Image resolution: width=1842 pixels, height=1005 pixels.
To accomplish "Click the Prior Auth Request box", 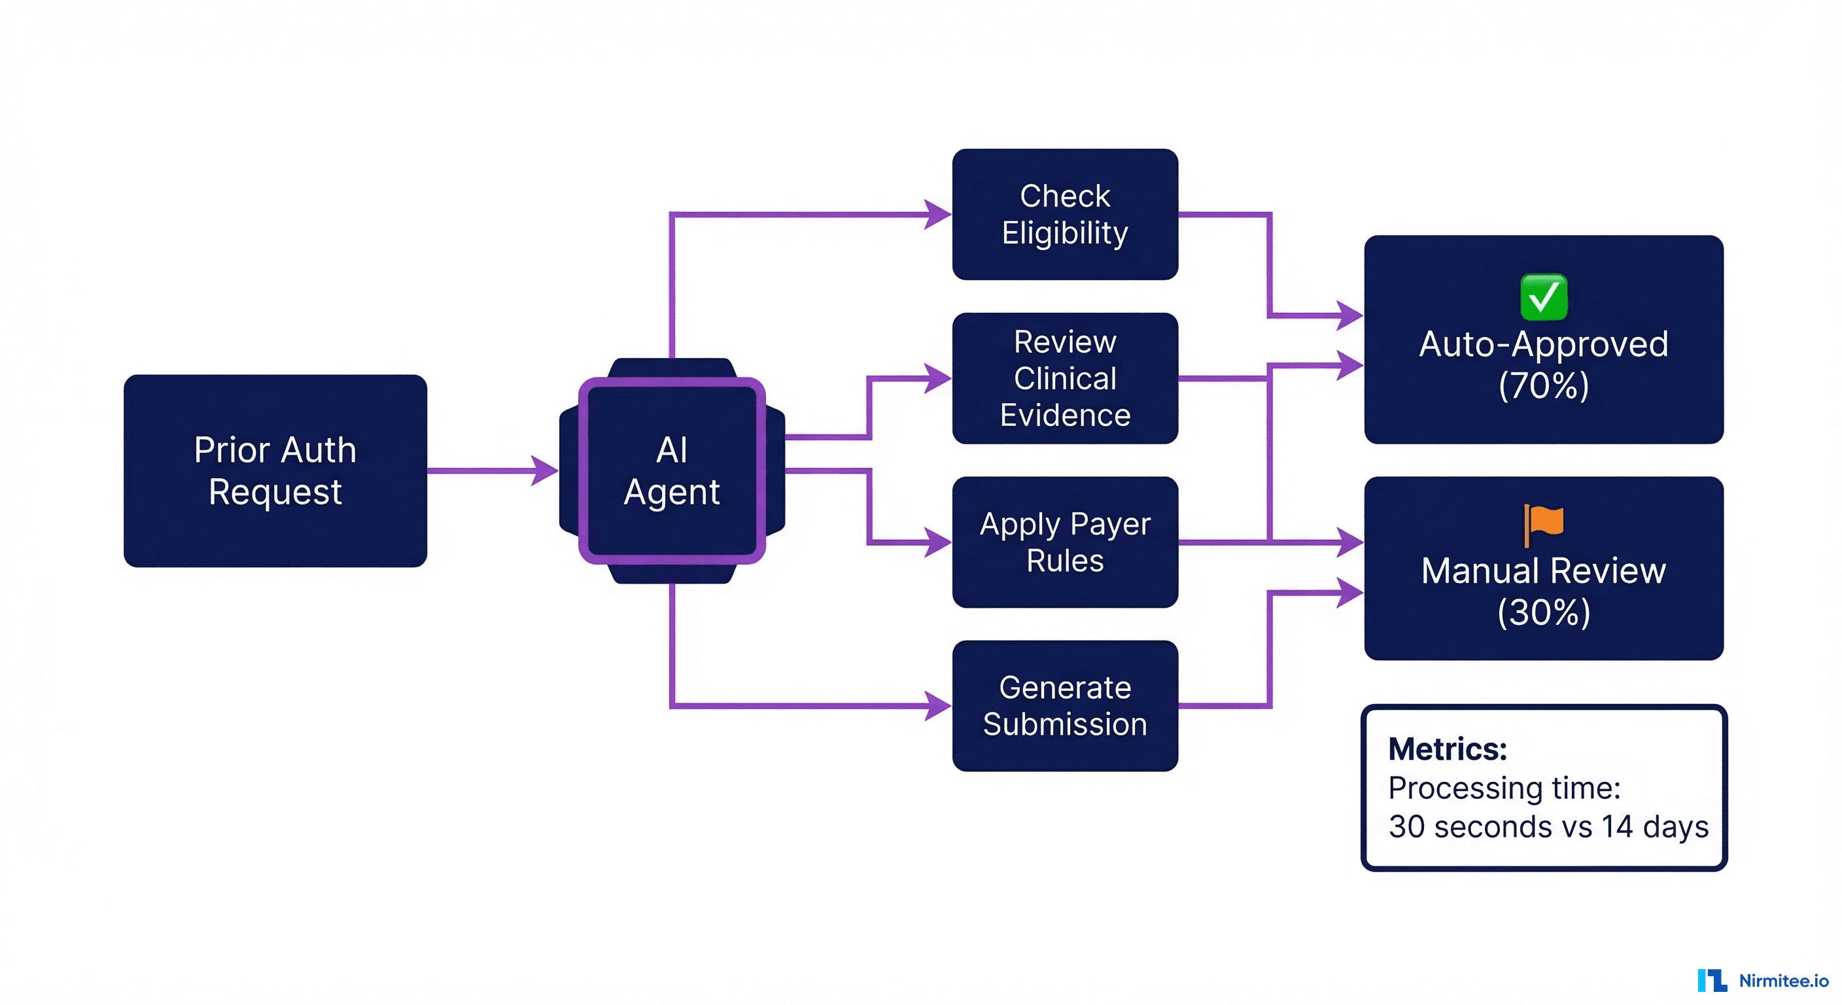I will (x=275, y=470).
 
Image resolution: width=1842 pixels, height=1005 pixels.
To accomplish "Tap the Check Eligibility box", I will (x=1065, y=214).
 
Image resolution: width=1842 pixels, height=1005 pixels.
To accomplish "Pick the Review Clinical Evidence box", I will (x=1065, y=378).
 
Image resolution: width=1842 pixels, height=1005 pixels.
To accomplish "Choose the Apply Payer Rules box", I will (x=1065, y=542).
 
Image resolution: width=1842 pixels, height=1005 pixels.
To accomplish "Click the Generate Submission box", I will (x=1065, y=706).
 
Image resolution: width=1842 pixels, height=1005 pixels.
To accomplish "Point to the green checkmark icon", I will (x=1544, y=297).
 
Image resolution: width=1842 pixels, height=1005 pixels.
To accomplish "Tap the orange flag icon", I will (x=1544, y=523).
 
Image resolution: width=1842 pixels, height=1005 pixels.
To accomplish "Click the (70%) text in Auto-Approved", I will (x=1544, y=385).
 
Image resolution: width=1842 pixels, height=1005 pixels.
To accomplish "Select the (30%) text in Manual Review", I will (x=1544, y=612).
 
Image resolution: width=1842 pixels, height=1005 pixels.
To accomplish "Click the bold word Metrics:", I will (x=1448, y=749).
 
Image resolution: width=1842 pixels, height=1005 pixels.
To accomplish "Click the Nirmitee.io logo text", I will (x=1783, y=981).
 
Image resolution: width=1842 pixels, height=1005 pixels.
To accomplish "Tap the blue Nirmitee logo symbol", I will (x=1712, y=981).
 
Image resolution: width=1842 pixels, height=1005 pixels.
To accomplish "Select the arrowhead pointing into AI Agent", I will (x=545, y=470).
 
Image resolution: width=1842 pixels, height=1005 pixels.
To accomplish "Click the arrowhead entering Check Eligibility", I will (x=937, y=214).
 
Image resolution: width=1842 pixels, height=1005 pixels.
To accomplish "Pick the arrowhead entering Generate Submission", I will (x=937, y=706).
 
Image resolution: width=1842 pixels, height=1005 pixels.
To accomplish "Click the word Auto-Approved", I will (x=1544, y=344).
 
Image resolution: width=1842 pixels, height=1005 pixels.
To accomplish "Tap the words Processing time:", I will (x=1504, y=788).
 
